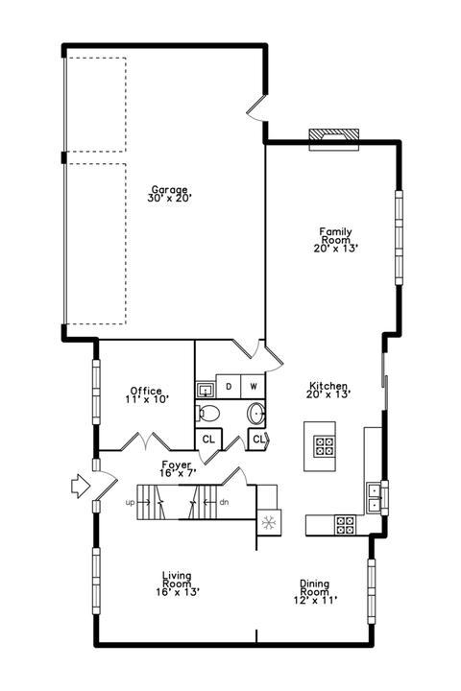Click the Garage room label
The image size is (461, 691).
169,190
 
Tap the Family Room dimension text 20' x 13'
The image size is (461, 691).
335,249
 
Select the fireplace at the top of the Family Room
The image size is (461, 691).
333,139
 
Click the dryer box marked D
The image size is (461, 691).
229,387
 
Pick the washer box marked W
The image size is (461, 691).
254,387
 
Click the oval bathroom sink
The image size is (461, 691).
255,414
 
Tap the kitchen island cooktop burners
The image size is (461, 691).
325,445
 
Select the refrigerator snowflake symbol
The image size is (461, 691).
268,523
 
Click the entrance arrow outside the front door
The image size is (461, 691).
81,486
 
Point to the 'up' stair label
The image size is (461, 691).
130,502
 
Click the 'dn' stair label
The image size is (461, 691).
224,502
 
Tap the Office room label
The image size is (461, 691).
146,391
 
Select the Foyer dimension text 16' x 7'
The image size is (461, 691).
178,473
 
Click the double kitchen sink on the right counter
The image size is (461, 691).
374,497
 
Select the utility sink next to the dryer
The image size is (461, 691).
206,390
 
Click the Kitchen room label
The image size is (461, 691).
328,386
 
